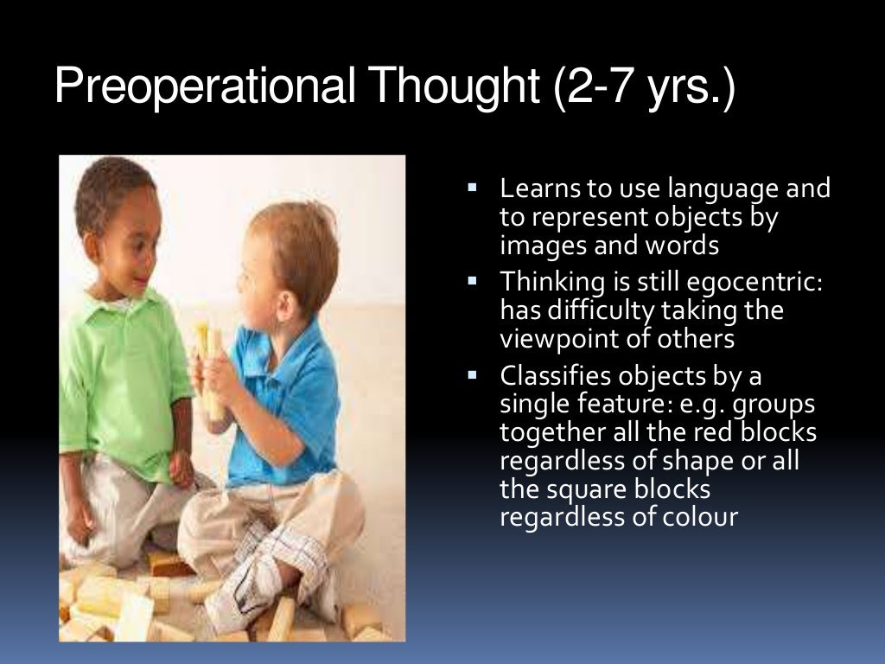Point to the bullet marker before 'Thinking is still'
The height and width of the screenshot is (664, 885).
click(x=473, y=279)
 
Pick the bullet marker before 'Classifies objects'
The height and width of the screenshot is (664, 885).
click(x=473, y=374)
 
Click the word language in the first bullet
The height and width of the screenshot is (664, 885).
click(x=713, y=189)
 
